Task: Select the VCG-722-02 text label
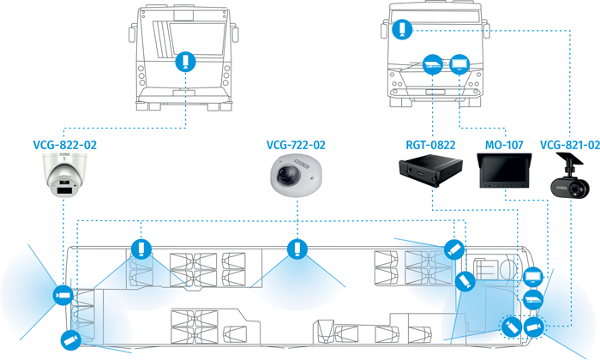[297, 147]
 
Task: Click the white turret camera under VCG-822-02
[67, 175]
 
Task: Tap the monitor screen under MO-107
[505, 174]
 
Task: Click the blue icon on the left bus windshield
[185, 62]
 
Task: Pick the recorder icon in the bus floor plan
[533, 299]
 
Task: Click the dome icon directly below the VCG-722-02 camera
[297, 248]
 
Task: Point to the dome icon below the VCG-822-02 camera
[140, 249]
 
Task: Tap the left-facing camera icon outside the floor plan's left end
[61, 294]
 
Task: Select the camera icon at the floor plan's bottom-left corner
[68, 339]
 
